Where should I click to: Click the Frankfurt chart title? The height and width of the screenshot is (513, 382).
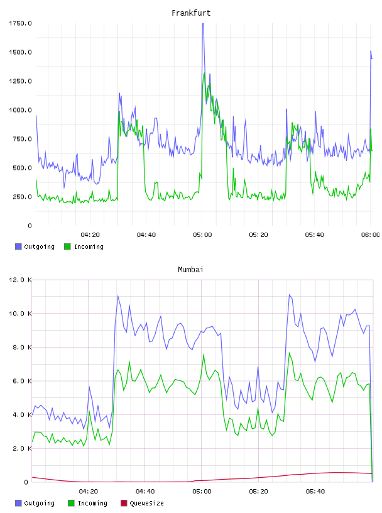191,13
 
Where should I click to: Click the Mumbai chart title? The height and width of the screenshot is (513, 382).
190,270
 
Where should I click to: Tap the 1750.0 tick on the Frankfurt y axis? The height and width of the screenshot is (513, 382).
20,23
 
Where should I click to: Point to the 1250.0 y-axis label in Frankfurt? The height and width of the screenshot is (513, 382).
20,81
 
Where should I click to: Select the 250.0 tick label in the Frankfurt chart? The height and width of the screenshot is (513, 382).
22,197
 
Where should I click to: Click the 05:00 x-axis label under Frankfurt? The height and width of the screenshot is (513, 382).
202,235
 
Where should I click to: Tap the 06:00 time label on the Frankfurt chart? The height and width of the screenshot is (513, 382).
371,235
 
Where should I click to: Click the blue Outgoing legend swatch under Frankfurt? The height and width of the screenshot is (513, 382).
18,246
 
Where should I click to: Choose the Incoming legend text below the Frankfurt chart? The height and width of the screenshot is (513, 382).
89,246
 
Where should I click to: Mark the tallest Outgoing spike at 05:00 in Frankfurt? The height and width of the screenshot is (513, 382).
203,24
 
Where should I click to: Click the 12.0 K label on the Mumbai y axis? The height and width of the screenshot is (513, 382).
20,280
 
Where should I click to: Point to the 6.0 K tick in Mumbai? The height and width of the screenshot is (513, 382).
22,381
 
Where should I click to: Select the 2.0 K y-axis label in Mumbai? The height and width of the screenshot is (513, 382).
22,448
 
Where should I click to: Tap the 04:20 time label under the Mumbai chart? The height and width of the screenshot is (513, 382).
89,492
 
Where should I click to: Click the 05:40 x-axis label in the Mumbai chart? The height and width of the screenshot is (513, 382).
315,492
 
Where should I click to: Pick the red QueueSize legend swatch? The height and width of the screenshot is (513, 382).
124,503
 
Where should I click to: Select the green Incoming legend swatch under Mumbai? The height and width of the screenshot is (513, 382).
71,503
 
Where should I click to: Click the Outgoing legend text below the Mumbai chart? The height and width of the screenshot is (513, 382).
39,503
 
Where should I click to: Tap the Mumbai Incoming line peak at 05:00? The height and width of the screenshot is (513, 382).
204,355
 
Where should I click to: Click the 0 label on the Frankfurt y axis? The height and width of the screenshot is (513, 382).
30,226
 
